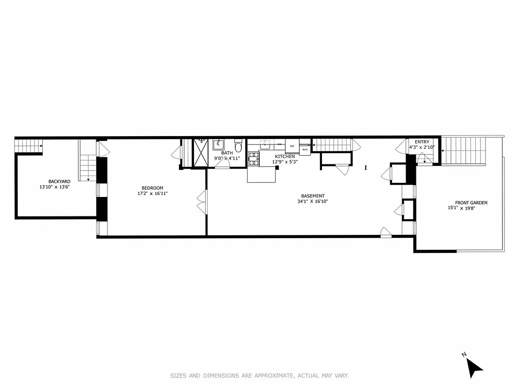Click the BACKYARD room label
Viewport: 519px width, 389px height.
(x=56, y=181)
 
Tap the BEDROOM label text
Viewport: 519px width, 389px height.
(x=152, y=188)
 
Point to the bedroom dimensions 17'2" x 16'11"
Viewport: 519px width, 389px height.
(x=152, y=194)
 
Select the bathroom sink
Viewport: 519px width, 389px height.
(x=218, y=144)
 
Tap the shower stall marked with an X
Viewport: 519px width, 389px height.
(x=200, y=153)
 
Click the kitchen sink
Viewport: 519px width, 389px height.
(x=265, y=145)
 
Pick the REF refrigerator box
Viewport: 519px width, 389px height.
(x=292, y=146)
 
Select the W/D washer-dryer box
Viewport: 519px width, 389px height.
(x=305, y=150)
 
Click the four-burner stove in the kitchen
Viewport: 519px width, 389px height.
(x=254, y=159)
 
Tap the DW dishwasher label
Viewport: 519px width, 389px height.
(x=280, y=145)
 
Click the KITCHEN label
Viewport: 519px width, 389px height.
(x=285, y=157)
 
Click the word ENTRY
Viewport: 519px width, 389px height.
(x=422, y=142)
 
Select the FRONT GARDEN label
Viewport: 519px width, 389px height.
(x=471, y=203)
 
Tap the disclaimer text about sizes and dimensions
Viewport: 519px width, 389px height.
(x=259, y=375)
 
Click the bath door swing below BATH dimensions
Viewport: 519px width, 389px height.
(x=222, y=163)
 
